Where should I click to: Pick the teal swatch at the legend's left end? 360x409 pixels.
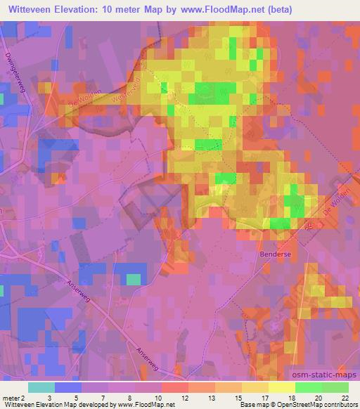pyautogui.click(x=41, y=387)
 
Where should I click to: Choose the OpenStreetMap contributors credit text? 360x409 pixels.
pyautogui.click(x=314, y=405)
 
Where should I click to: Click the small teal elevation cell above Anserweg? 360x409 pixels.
pyautogui.click(x=133, y=280)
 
